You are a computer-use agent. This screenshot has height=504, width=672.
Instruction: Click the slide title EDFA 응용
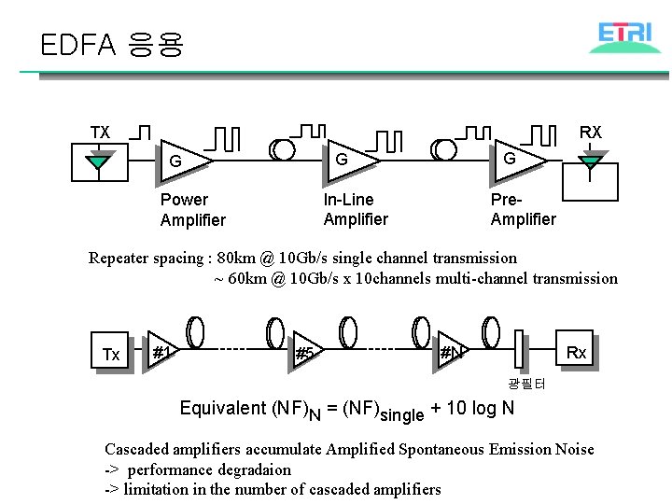(x=112, y=44)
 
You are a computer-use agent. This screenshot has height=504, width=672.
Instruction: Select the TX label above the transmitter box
(x=99, y=133)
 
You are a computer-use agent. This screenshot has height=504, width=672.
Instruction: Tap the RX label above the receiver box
(x=590, y=133)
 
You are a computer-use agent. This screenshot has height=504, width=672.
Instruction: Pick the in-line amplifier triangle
(x=351, y=160)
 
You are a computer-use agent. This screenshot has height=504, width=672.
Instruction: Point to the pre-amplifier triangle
(x=518, y=159)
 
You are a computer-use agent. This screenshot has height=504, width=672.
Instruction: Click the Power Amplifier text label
(x=192, y=210)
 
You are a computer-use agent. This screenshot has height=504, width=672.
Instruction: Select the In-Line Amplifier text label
(x=355, y=210)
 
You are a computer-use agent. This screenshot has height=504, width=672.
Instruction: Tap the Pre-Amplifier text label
(x=523, y=210)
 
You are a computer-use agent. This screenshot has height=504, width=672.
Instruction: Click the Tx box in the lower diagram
(x=111, y=354)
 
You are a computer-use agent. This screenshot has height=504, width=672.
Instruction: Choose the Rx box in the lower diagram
(x=576, y=352)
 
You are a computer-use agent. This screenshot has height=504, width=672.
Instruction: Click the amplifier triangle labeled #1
(x=162, y=353)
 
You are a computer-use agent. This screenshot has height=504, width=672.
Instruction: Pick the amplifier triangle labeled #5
(x=305, y=353)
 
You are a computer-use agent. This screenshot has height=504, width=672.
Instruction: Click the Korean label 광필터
(x=526, y=384)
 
